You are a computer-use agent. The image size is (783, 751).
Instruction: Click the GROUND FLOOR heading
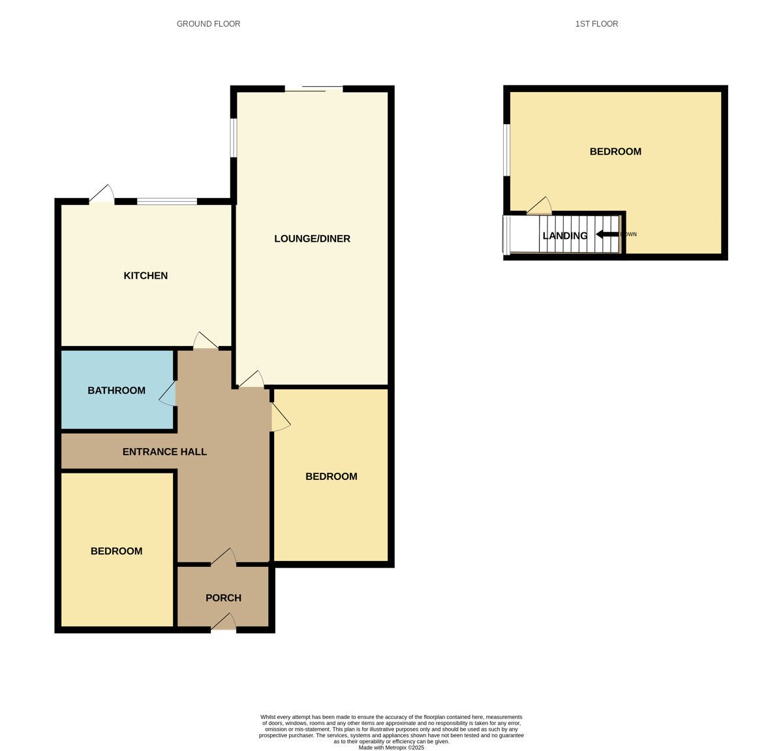click(208, 24)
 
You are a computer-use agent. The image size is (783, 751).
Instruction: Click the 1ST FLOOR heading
click(596, 24)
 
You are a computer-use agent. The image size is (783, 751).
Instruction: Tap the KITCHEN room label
click(146, 276)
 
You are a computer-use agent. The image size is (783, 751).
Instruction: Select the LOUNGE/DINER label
click(312, 239)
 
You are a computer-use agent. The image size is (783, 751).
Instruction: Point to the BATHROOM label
click(117, 391)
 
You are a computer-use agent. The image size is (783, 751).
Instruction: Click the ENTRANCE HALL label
click(164, 452)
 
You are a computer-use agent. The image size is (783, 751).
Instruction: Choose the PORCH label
click(223, 598)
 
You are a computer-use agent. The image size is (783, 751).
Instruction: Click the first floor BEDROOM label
click(615, 152)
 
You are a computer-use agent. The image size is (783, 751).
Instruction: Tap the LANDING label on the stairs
click(565, 236)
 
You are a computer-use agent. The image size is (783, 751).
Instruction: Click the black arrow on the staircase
click(607, 234)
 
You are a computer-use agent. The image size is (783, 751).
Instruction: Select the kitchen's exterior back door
click(102, 195)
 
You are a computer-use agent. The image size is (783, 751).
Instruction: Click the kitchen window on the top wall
click(167, 201)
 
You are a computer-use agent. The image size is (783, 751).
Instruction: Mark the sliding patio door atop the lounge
click(314, 89)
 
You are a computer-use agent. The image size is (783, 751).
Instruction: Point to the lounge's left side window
click(234, 138)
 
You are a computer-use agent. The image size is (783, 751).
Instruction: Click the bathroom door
click(168, 394)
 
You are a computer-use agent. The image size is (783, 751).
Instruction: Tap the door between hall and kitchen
click(206, 342)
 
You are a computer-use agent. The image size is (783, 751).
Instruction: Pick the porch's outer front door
click(223, 623)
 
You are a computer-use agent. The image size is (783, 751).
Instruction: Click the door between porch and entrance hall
click(223, 556)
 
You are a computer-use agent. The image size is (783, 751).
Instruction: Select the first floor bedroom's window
click(506, 150)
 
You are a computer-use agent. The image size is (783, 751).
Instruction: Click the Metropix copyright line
click(391, 748)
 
